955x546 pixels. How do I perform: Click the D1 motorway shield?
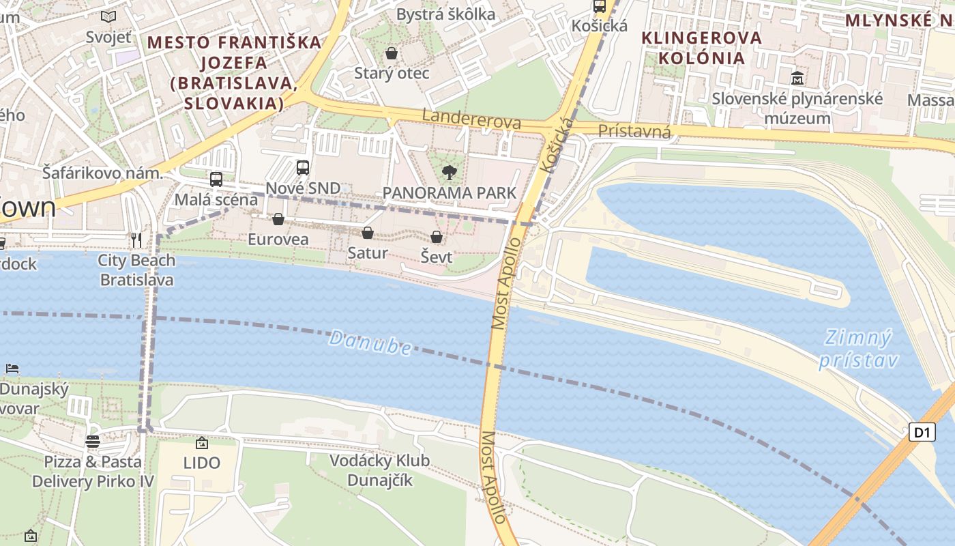pyautogui.click(x=922, y=432)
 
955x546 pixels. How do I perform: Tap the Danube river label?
pyautogui.click(x=370, y=342)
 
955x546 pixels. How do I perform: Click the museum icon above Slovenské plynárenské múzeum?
pyautogui.click(x=797, y=78)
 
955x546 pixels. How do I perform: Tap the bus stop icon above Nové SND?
pyautogui.click(x=302, y=167)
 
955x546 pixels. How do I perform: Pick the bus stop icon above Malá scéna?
pyautogui.click(x=216, y=179)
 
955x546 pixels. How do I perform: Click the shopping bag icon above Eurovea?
pyautogui.click(x=278, y=219)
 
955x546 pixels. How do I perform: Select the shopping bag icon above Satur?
pyautogui.click(x=368, y=233)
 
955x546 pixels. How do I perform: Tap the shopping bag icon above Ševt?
pyautogui.click(x=437, y=238)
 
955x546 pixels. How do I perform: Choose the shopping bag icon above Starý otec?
pyautogui.click(x=392, y=53)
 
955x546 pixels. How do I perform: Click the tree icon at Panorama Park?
pyautogui.click(x=449, y=172)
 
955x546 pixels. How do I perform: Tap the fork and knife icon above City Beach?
pyautogui.click(x=136, y=240)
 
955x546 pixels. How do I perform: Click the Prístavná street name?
pyautogui.click(x=634, y=131)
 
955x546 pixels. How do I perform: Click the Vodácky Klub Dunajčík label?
pyautogui.click(x=380, y=470)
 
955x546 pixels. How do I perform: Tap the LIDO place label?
pyautogui.click(x=202, y=463)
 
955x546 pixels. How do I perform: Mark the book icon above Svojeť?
pyautogui.click(x=108, y=16)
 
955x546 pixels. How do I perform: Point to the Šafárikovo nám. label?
pyautogui.click(x=102, y=173)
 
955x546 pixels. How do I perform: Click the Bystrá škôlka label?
pyautogui.click(x=446, y=14)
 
